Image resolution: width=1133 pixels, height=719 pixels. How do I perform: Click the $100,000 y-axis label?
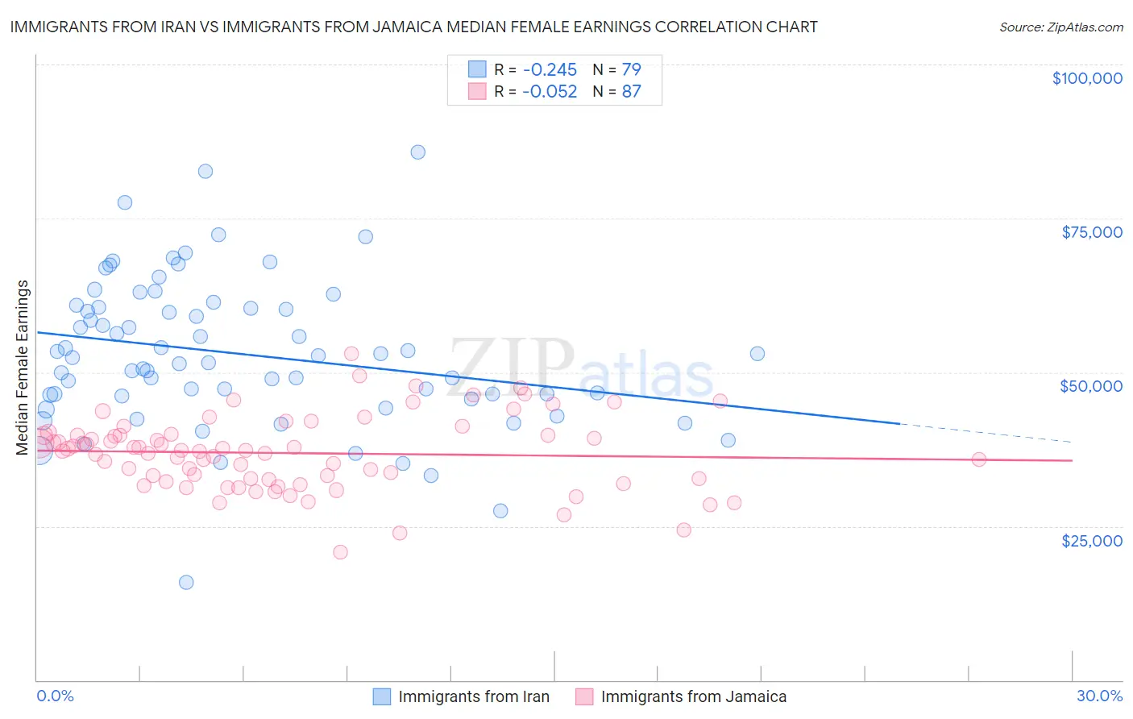coord(1086,78)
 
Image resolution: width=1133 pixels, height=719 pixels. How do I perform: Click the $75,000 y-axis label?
coord(1091,232)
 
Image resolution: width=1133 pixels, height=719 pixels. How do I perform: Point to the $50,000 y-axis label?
coord(1090,386)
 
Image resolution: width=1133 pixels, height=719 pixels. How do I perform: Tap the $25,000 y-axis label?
coord(1091,540)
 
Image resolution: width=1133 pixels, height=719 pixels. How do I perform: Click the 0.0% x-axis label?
coord(55,696)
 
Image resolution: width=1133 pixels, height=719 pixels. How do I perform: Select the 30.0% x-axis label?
coord(1099,696)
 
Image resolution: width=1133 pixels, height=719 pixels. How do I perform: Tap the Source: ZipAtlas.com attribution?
coord(1060,27)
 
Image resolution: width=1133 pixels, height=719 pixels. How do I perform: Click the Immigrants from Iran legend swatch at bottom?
coord(381,696)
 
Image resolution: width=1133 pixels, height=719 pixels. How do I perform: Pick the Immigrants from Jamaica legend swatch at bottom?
coord(584,696)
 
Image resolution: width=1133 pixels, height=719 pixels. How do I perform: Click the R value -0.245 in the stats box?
coord(549,69)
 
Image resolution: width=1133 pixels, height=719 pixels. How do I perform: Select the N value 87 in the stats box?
coord(631,91)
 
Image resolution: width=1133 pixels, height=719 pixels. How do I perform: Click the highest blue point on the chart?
coord(417,152)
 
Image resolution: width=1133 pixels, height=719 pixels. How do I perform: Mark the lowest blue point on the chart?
coord(186,582)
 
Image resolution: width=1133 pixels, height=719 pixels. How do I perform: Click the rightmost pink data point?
coord(979,459)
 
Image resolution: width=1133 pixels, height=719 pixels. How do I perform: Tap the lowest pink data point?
coord(340,552)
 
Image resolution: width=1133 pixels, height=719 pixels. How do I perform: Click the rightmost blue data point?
coord(757,354)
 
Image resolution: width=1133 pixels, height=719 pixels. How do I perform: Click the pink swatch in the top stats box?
coord(477,91)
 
